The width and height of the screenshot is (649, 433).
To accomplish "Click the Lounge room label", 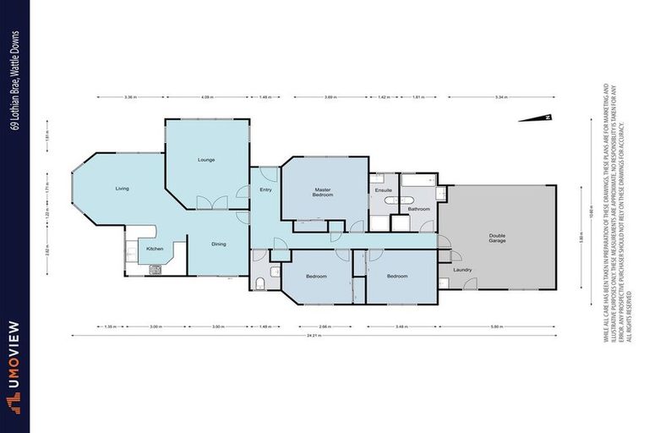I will coord(206,159).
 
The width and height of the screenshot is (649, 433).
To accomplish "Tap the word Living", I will coord(123,188).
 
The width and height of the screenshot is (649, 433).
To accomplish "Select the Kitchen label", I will coord(155,249).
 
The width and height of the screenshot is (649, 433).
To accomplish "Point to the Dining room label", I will coord(219,244).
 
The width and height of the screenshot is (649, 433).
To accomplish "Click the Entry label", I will coord(265,189).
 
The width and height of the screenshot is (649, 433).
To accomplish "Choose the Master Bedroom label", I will coord(322,192).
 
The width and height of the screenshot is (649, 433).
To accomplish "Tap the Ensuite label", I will coord(383,190).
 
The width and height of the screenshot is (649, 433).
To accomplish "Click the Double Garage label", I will coord(497,238).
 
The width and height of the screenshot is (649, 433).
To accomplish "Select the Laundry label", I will coord(462,270).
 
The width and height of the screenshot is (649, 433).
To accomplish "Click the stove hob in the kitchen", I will coord(155,271).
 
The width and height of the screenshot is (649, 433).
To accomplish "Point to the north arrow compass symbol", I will coord(548,118).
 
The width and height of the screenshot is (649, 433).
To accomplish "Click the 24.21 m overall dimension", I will coord(316,337).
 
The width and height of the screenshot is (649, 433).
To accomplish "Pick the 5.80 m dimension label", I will coord(497,326).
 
